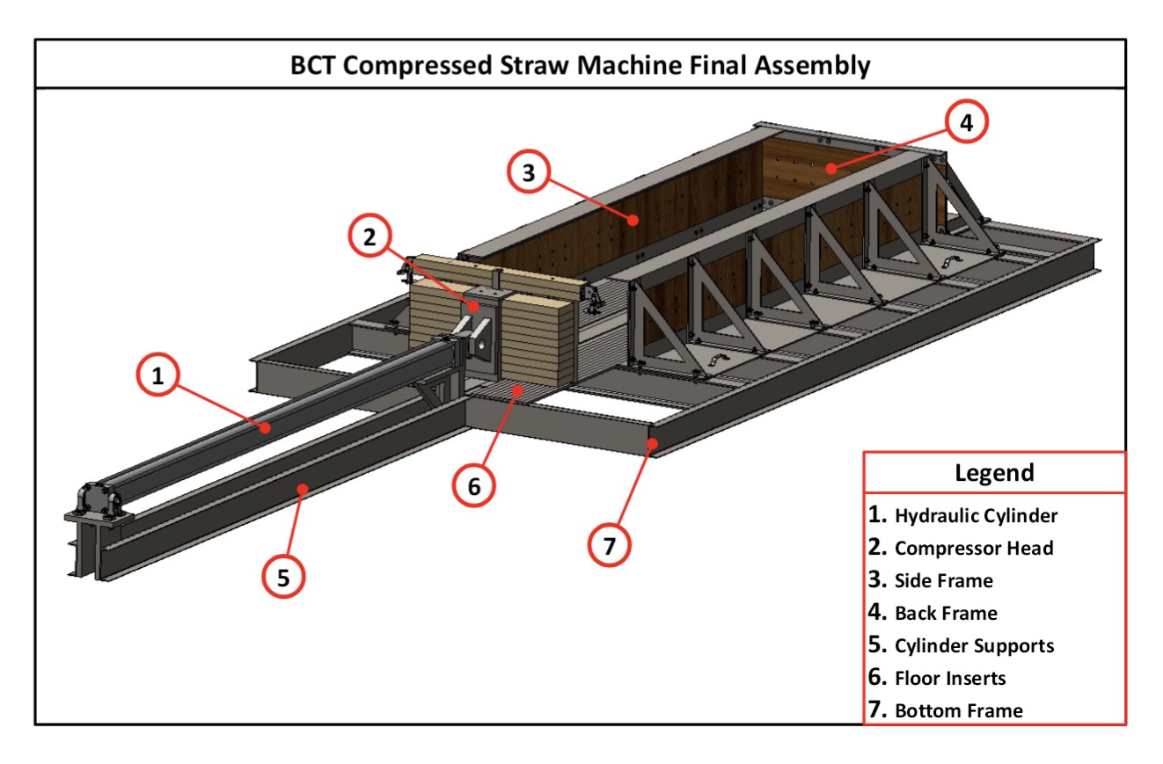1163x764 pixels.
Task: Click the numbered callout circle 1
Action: [x=157, y=377]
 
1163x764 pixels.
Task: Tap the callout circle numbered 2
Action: [x=369, y=236]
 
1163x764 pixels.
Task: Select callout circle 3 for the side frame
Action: [x=529, y=173]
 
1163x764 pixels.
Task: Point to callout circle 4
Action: [x=966, y=124]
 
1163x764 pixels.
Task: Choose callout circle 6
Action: [x=474, y=486]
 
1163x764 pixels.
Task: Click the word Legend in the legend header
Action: [x=994, y=473]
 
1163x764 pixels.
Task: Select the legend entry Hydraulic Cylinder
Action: [x=976, y=515]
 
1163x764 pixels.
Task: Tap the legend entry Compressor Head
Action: [x=973, y=548]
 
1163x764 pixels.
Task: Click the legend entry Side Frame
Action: [x=943, y=580]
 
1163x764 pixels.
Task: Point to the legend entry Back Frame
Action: [x=946, y=613]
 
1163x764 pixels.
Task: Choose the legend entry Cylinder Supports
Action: [x=973, y=645]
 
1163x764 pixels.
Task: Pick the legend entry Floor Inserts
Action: [x=949, y=678]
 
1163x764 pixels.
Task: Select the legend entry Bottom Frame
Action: [x=958, y=710]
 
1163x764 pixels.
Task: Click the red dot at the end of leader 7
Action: [x=652, y=444]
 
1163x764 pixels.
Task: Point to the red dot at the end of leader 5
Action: [x=302, y=488]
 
